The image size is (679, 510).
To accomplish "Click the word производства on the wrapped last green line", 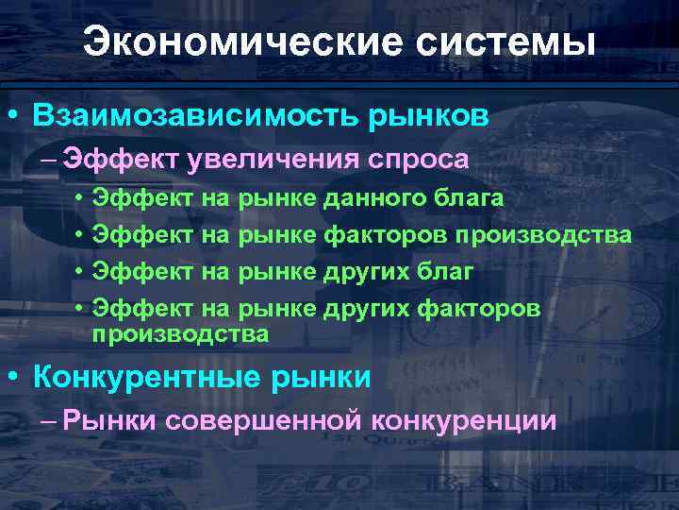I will [180, 334].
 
